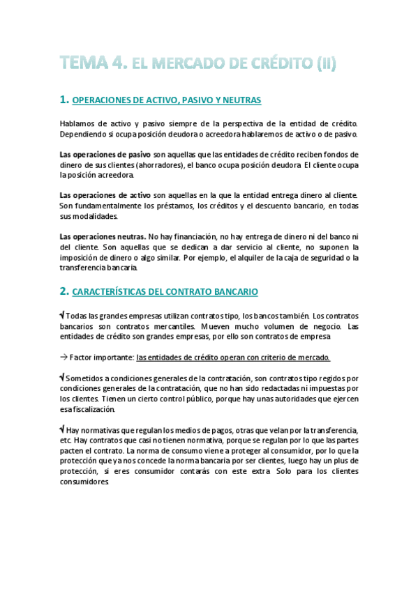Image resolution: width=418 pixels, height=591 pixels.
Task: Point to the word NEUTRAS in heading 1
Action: (241, 101)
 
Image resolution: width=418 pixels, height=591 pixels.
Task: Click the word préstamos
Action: (175, 206)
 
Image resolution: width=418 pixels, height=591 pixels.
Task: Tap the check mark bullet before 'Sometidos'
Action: (63, 376)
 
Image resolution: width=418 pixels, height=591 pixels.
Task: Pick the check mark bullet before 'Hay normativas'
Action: (63, 429)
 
